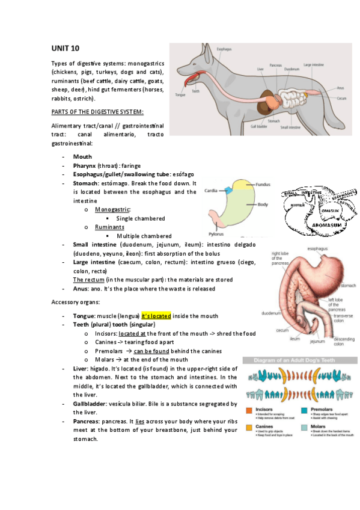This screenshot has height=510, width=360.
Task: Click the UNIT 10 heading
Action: (x=65, y=48)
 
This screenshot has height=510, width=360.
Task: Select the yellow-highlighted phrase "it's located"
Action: (x=156, y=316)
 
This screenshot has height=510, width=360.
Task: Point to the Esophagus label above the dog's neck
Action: (x=224, y=49)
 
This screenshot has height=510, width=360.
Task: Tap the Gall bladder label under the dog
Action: (x=259, y=126)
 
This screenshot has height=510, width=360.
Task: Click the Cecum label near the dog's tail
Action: (x=342, y=98)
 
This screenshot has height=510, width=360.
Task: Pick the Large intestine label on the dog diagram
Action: (x=316, y=64)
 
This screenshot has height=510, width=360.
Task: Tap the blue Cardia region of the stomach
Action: (x=229, y=191)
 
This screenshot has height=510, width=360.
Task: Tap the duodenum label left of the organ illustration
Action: (x=271, y=313)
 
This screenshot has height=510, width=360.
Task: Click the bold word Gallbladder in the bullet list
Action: (x=93, y=404)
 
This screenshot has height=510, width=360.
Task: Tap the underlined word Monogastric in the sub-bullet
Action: (x=113, y=209)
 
